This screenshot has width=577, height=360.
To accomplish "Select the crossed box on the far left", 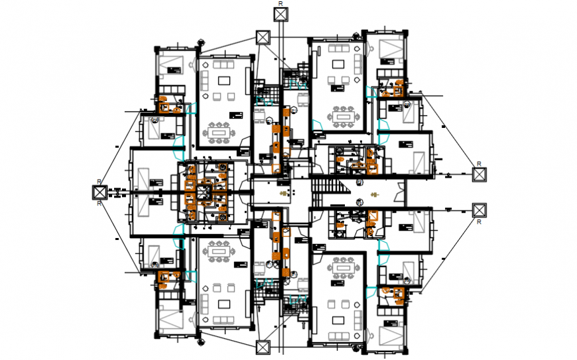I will click(x=99, y=192).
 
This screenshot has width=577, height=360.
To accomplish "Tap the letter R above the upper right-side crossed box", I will click(x=477, y=163).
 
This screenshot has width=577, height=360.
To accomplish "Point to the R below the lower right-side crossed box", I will click(x=479, y=222).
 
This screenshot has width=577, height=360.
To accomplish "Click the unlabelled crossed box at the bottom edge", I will click(x=263, y=347).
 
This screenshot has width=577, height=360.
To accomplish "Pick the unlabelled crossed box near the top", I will click(x=263, y=37).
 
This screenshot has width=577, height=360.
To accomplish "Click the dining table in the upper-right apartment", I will click(x=344, y=117).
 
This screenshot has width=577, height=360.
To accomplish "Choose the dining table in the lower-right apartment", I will click(x=344, y=267).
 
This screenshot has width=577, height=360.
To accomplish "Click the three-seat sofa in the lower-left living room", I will click(x=219, y=320).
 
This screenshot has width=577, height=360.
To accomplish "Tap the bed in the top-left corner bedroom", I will click(x=171, y=66).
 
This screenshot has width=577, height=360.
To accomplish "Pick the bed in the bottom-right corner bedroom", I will click(x=391, y=336).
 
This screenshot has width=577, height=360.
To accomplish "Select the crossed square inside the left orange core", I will click(x=202, y=192).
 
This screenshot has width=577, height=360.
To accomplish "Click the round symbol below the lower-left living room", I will click(x=200, y=342).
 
